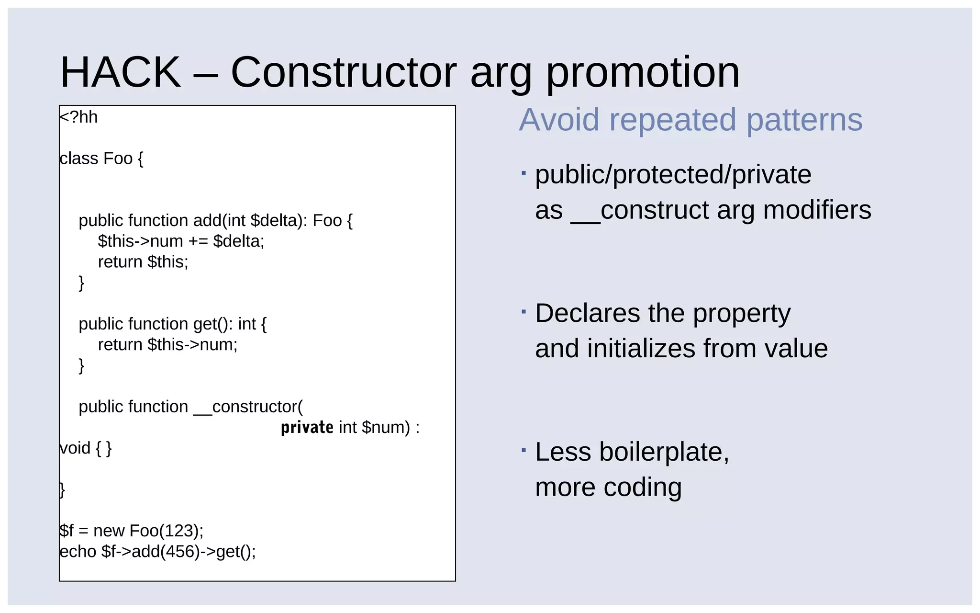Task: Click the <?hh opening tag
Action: (x=78, y=117)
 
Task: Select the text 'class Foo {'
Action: (x=101, y=159)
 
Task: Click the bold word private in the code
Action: (x=307, y=427)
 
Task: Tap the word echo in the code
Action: (x=78, y=552)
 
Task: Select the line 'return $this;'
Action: (x=143, y=262)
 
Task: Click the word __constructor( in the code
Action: (x=248, y=407)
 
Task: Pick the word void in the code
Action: (x=75, y=448)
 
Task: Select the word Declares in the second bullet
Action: (x=587, y=313)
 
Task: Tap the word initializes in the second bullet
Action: (x=641, y=348)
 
